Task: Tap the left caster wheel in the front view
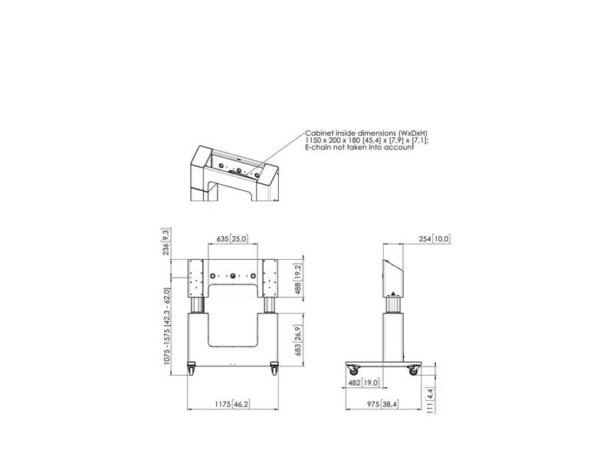(191, 370)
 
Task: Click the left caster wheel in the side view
(352, 371)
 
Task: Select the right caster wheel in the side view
(415, 371)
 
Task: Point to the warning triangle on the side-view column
(395, 292)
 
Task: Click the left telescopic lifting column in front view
(197, 305)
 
